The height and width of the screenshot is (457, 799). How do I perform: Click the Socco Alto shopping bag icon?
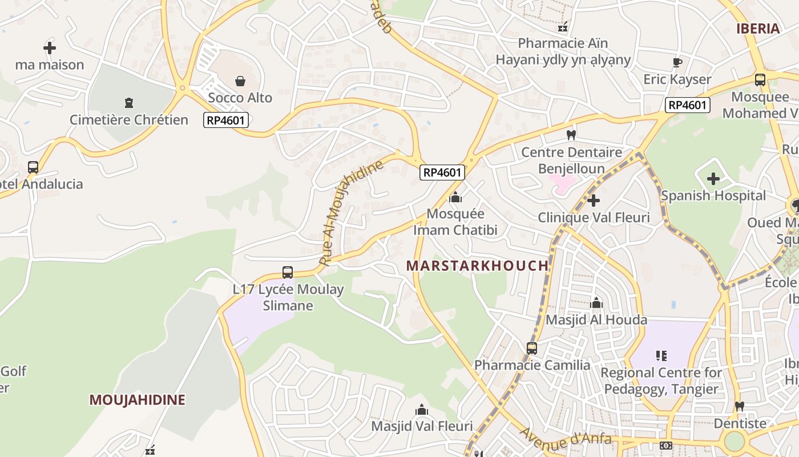pyautogui.click(x=240, y=81)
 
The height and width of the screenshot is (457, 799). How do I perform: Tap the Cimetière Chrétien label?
pyautogui.click(x=129, y=120)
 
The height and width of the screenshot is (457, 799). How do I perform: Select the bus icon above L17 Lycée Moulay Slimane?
pyautogui.click(x=288, y=272)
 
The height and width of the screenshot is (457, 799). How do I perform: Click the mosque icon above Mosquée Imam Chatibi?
pyautogui.click(x=455, y=198)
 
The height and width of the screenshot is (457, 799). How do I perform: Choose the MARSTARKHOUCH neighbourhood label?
pyautogui.click(x=477, y=266)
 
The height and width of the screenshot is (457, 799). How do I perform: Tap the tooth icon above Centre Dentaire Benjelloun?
pyautogui.click(x=571, y=135)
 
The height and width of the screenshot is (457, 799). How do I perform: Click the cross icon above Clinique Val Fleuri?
pyautogui.click(x=594, y=201)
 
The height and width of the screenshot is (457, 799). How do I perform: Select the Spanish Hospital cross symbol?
pyautogui.click(x=713, y=179)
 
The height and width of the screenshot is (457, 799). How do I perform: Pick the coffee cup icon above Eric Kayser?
pyautogui.click(x=677, y=62)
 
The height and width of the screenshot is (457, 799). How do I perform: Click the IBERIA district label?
pyautogui.click(x=758, y=29)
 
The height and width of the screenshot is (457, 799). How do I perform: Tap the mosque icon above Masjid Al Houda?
pyautogui.click(x=596, y=303)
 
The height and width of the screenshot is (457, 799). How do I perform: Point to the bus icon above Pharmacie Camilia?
pyautogui.click(x=532, y=348)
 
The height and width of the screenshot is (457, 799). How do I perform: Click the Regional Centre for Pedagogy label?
pyautogui.click(x=661, y=381)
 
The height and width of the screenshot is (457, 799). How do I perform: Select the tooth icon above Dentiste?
pyautogui.click(x=740, y=407)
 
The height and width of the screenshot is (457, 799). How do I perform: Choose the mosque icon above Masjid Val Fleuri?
pyautogui.click(x=422, y=410)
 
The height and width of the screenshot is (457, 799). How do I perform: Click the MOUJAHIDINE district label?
pyautogui.click(x=137, y=400)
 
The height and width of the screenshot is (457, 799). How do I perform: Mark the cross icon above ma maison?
pyautogui.click(x=50, y=48)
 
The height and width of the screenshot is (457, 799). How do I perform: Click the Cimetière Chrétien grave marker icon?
pyautogui.click(x=128, y=103)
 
